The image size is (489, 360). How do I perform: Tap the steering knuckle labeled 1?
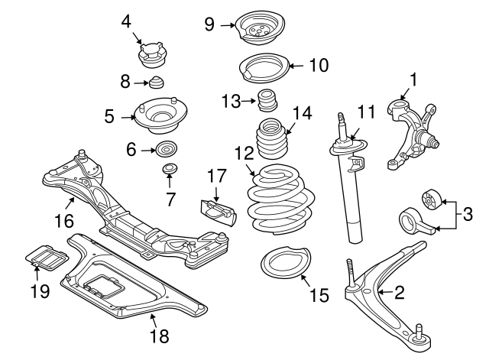pos(413,130)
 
